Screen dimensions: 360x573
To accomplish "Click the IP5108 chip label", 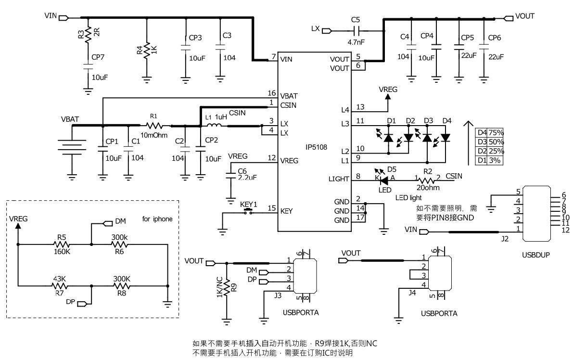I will pos(316,147).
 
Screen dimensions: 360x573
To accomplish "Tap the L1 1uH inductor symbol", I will pos(215,126).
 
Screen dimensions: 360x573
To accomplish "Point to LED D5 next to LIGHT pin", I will pos(384,180).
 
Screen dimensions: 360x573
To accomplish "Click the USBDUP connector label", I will pos(535,255).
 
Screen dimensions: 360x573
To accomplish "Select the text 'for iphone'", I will pos(157,219).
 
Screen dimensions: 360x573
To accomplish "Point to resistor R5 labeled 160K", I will pos(61,244).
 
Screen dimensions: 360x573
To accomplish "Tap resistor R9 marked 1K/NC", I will pos(227,288).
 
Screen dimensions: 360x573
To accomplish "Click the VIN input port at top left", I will pos(64,17).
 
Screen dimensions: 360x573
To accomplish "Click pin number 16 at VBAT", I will pos(272,93).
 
